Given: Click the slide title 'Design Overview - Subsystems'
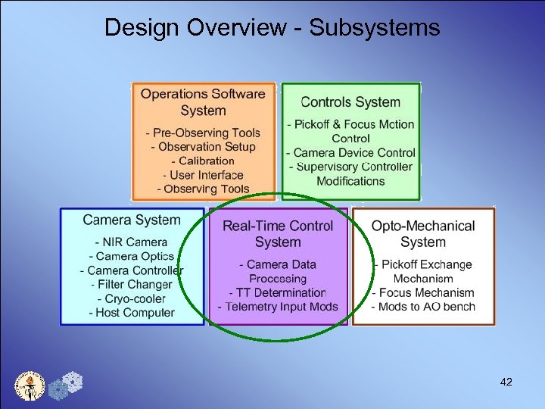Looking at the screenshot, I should (272, 28).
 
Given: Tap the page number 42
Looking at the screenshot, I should (506, 382).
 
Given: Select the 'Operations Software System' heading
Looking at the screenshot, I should (203, 102).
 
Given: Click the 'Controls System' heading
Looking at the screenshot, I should (350, 102).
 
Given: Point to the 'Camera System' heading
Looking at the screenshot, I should (132, 220).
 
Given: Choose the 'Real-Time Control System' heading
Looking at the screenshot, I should (278, 234).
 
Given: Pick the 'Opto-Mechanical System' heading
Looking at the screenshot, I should (423, 234).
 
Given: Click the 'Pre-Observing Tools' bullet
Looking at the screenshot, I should (205, 133).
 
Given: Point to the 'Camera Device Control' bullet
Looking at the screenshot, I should (351, 153).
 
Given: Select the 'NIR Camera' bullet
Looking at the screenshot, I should (132, 242).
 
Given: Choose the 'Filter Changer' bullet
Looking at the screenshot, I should (132, 285).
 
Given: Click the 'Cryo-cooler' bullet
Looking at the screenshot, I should (132, 298).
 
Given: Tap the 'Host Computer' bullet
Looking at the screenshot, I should (132, 312).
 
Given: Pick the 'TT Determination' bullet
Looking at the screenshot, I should (278, 292).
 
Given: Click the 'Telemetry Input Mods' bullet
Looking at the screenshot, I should (278, 307).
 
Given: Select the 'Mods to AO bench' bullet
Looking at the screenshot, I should (424, 307).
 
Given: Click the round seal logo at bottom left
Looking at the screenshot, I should (30, 386).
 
